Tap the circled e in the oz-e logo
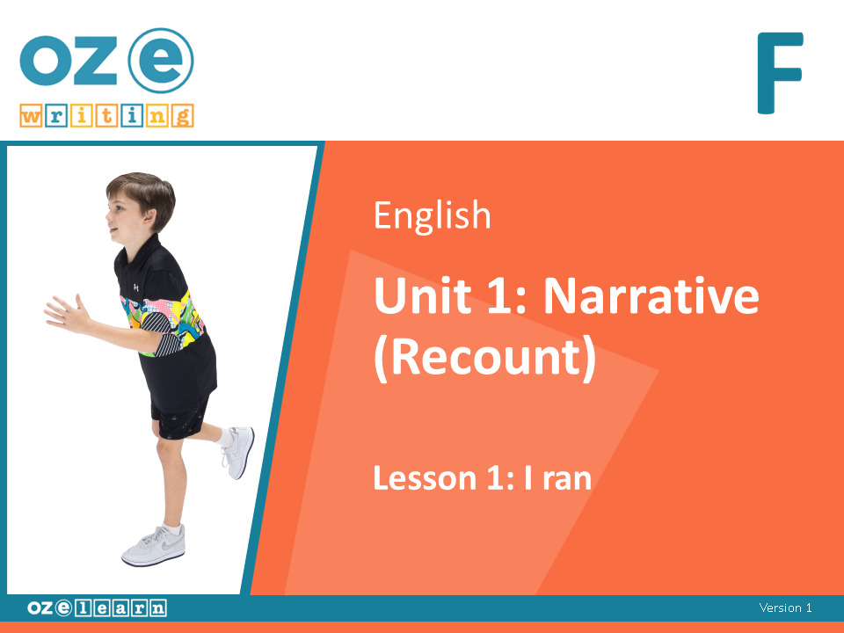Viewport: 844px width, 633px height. coord(161,61)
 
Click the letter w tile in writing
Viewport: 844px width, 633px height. coord(31,116)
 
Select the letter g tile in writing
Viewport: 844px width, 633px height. coord(183,116)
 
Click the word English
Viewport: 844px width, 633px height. coord(433,216)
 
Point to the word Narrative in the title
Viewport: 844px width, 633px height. coord(651,295)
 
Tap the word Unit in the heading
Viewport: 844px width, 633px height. coord(423,295)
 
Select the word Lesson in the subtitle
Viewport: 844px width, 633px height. coord(425,478)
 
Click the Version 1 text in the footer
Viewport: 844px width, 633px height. coord(785,608)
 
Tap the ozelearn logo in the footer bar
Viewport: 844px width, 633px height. coord(97,608)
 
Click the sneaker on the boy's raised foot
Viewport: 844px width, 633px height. coord(237,451)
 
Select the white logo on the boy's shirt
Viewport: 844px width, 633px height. coord(136,287)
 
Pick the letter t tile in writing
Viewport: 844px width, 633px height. coord(107,116)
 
